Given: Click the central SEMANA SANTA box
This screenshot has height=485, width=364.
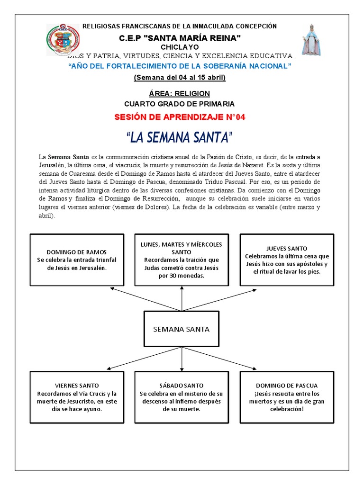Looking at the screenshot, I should point(182,329).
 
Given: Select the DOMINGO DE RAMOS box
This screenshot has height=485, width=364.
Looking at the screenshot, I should point(77,260).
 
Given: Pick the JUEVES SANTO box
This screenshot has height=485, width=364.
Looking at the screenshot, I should point(287,260).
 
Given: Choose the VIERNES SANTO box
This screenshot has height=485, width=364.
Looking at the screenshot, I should point(77,397).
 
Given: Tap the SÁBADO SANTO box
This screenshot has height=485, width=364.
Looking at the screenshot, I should point(182,397).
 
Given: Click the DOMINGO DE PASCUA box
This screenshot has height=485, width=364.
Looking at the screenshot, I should point(287,397).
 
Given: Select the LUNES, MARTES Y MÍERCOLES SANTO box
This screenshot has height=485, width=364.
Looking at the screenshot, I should point(182,260).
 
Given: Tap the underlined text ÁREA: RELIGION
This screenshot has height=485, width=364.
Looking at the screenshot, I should point(179,94).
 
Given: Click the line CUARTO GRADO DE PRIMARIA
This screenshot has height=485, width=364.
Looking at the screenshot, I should point(179,104).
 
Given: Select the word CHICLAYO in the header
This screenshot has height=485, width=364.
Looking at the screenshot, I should point(180,47).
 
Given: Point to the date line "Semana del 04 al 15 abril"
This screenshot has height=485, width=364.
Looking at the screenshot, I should point(179,77).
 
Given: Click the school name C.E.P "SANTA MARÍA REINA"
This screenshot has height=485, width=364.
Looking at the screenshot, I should point(179,37).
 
